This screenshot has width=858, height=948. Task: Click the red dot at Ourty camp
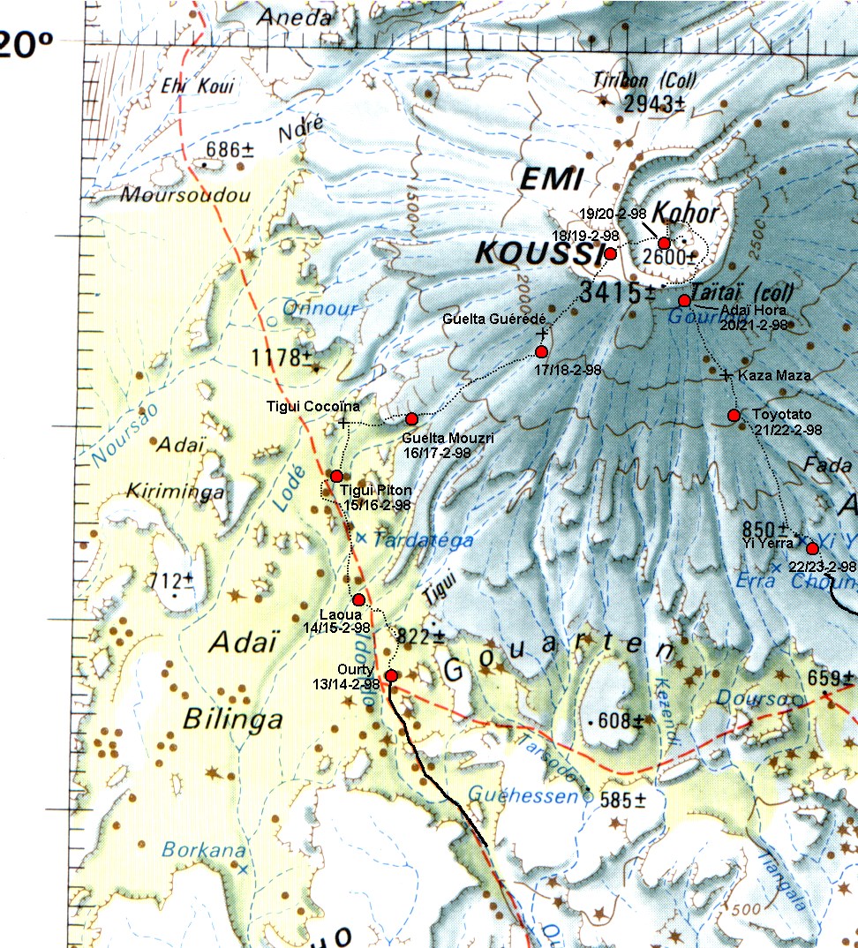click(391, 676)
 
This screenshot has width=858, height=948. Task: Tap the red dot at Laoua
click(358, 600)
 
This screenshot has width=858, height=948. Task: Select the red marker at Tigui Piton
click(336, 477)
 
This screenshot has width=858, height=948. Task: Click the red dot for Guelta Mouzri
click(410, 418)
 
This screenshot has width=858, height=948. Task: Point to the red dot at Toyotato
click(734, 416)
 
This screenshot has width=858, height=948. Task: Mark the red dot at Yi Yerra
click(812, 548)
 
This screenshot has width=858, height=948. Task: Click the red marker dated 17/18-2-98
click(542, 352)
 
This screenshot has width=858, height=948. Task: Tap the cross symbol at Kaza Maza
click(726, 376)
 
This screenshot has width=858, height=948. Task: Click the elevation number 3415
click(614, 292)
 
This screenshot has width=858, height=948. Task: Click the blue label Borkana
click(191, 850)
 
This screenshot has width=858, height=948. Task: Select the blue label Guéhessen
click(524, 793)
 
